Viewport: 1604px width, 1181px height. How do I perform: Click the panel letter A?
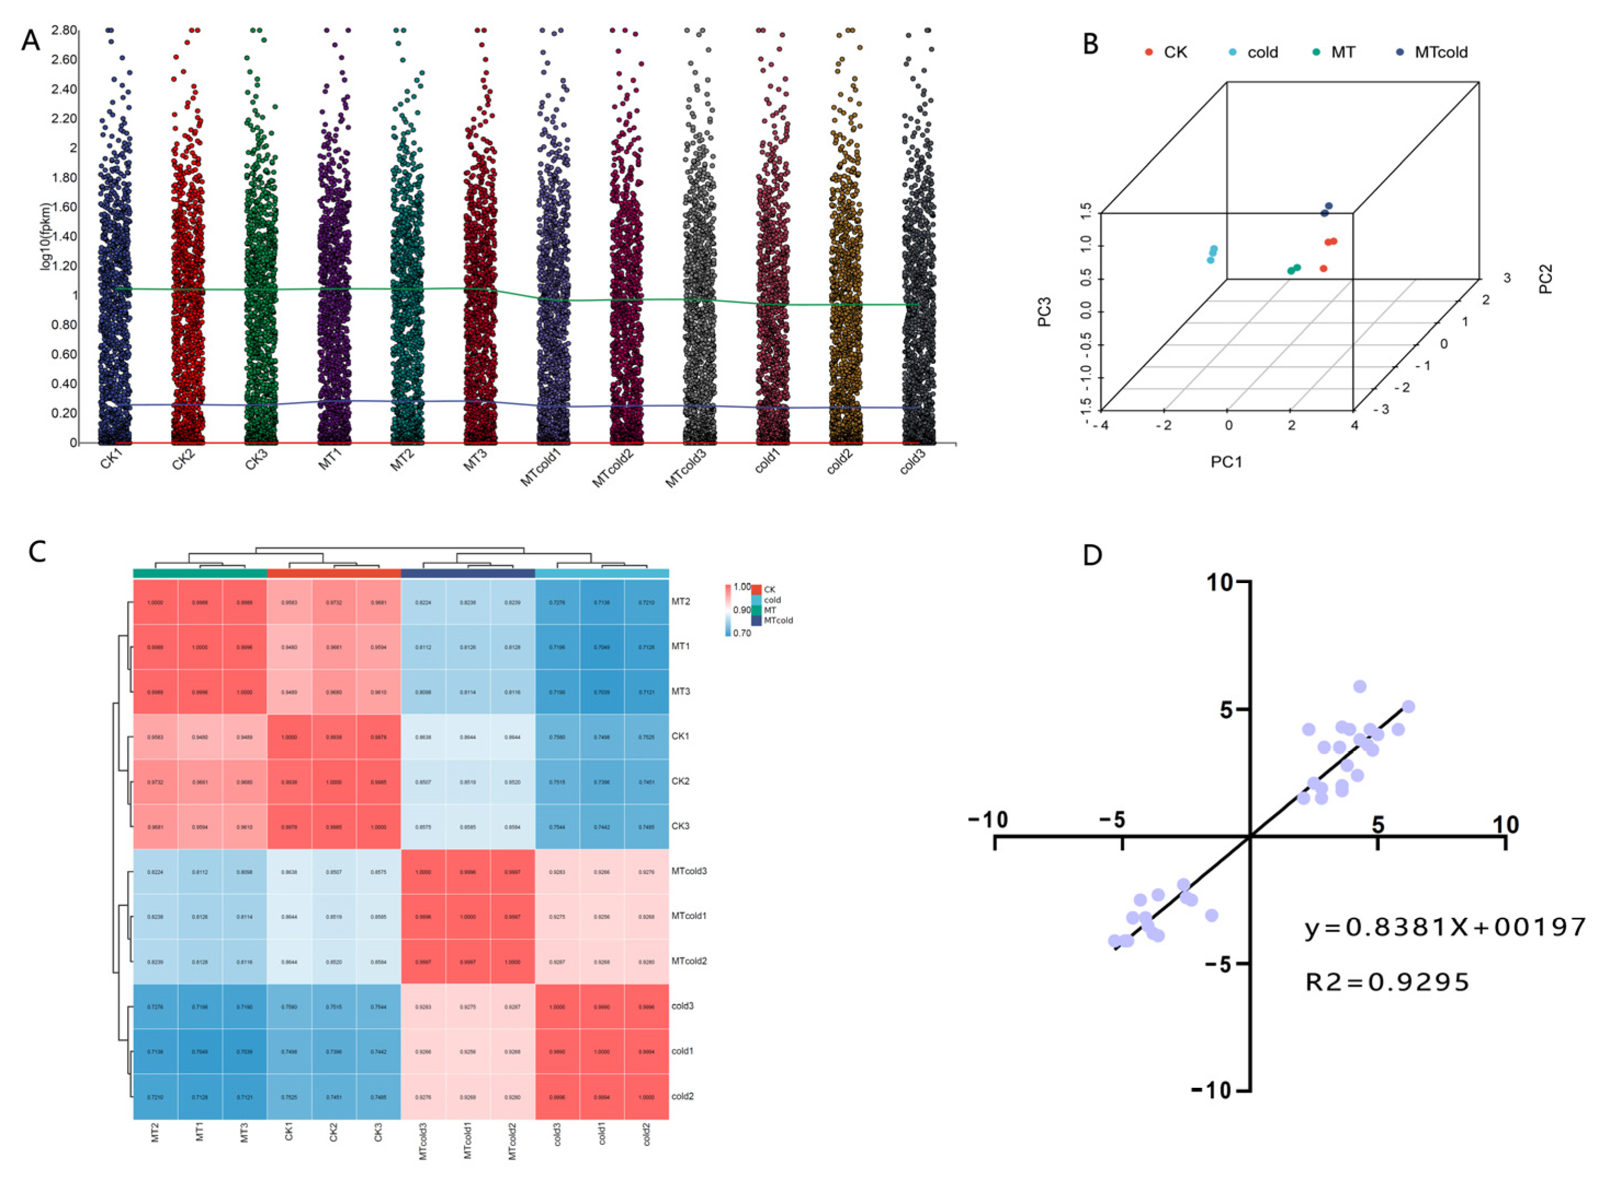pyautogui.click(x=30, y=41)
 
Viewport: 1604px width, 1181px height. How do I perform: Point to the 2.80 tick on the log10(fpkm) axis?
pyautogui.click(x=64, y=30)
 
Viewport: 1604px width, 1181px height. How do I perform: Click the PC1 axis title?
pyautogui.click(x=1226, y=462)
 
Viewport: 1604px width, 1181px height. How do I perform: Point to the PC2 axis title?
pyautogui.click(x=1546, y=279)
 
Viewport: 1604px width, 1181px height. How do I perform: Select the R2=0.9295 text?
pyautogui.click(x=1386, y=982)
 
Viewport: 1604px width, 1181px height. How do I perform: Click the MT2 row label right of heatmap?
pyautogui.click(x=681, y=602)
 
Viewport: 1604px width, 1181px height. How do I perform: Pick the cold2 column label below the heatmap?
pyautogui.click(x=646, y=1133)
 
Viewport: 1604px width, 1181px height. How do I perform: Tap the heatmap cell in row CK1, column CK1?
pyautogui.click(x=289, y=737)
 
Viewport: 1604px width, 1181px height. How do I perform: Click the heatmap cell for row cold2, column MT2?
pyautogui.click(x=155, y=1096)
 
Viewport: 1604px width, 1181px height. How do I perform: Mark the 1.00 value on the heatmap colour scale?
pyautogui.click(x=742, y=587)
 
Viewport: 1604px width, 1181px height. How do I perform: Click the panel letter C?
pyautogui.click(x=37, y=551)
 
